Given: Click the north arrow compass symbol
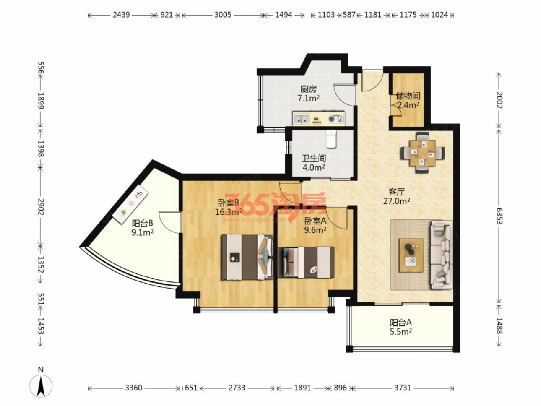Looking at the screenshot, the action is click(x=41, y=386).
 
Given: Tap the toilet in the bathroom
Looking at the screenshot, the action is click(x=330, y=139).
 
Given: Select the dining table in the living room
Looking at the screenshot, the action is click(x=422, y=153).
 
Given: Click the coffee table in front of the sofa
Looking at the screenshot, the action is click(x=412, y=255).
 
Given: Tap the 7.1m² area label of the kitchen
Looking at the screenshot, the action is click(x=308, y=99).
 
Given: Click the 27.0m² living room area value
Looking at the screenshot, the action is click(x=397, y=201).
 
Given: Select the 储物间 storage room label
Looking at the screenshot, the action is click(x=408, y=96).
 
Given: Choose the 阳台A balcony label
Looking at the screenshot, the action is click(x=401, y=322).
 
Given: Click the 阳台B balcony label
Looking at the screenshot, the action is click(x=142, y=223).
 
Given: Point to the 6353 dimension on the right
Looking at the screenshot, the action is click(x=499, y=216).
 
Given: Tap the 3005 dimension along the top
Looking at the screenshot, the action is click(x=222, y=15).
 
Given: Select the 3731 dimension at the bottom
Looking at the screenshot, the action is click(x=403, y=388).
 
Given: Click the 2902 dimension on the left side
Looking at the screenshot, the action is click(x=41, y=207).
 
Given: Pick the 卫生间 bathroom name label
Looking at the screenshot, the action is click(x=314, y=158).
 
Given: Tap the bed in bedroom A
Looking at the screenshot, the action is click(x=306, y=263).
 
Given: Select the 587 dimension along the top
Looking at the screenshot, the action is click(x=349, y=15).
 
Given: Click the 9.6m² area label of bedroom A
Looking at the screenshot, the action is click(x=315, y=230).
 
